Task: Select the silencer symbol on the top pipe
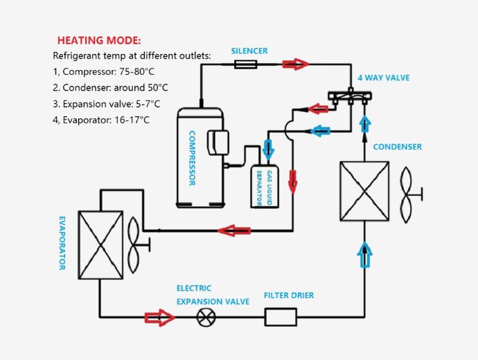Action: pyautogui.click(x=247, y=64)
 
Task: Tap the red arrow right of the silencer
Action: pyautogui.click(x=295, y=64)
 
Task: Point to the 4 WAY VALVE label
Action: pyautogui.click(x=383, y=78)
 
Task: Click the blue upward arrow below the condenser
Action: pyautogui.click(x=364, y=253)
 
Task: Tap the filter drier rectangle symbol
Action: pyautogui.click(x=281, y=318)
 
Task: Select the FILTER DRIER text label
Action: pyautogui.click(x=289, y=296)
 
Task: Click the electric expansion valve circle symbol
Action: pyautogui.click(x=205, y=318)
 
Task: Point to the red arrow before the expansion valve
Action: pyautogui.click(x=159, y=318)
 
